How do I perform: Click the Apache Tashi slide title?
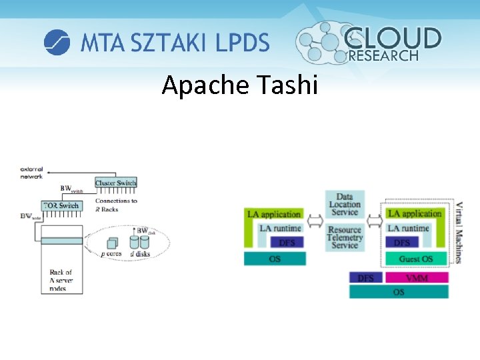click(x=240, y=85)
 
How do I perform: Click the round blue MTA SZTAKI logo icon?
click(x=57, y=43)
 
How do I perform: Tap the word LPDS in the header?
click(x=242, y=43)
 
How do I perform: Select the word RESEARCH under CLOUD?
click(x=383, y=56)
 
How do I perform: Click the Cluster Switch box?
click(x=116, y=183)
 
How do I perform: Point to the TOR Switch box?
click(x=61, y=205)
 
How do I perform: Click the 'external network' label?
click(x=31, y=172)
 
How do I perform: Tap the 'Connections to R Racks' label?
click(x=116, y=205)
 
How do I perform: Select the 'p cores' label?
click(x=113, y=254)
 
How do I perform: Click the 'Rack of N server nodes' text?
click(x=61, y=280)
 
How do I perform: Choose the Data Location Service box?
click(x=345, y=205)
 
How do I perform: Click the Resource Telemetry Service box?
click(x=345, y=237)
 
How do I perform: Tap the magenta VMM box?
click(x=417, y=277)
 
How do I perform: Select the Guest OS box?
click(x=416, y=259)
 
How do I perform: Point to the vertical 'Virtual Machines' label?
click(x=459, y=232)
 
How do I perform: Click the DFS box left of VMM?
click(x=366, y=277)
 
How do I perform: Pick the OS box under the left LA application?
click(x=275, y=259)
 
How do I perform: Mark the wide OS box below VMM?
click(x=399, y=292)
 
